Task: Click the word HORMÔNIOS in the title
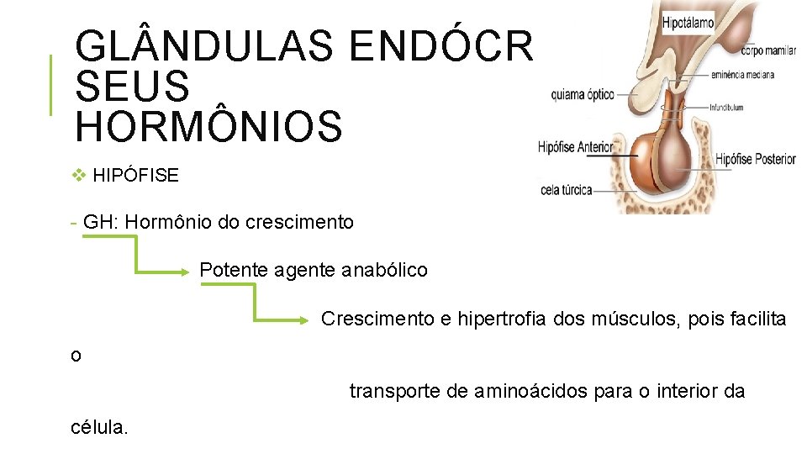point(208,125)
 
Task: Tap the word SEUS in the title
point(132,86)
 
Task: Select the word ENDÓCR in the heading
point(441,47)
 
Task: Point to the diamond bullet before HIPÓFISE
point(80,176)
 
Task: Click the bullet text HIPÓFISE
point(136,176)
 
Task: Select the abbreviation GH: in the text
point(101,223)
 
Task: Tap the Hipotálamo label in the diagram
point(688,21)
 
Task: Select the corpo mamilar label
point(768,51)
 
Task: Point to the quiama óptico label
point(583,95)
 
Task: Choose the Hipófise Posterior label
point(755,159)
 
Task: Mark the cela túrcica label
point(566,191)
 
